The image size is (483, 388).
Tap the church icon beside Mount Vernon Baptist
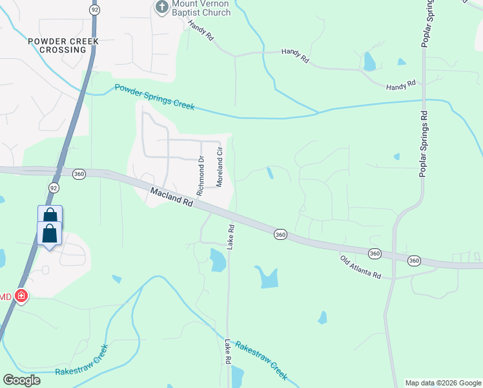[x=161, y=7]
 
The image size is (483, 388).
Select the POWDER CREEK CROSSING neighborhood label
[x=63, y=45]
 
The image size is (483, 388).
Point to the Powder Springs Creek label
[x=154, y=97]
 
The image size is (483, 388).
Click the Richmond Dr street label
[x=201, y=176]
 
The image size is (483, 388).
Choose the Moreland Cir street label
[x=220, y=170]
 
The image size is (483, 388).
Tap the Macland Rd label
[x=171, y=198]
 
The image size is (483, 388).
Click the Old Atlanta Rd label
[x=360, y=266]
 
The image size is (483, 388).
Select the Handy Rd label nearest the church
[x=200, y=30]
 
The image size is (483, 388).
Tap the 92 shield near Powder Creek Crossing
[x=94, y=10]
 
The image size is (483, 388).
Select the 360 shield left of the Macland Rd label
[x=79, y=174]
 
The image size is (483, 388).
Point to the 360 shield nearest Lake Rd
[x=280, y=233]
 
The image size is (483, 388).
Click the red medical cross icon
[x=21, y=296]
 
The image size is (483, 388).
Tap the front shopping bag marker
[x=50, y=234]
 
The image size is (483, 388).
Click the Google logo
[x=21, y=380]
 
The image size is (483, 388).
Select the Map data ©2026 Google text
[x=442, y=383]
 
